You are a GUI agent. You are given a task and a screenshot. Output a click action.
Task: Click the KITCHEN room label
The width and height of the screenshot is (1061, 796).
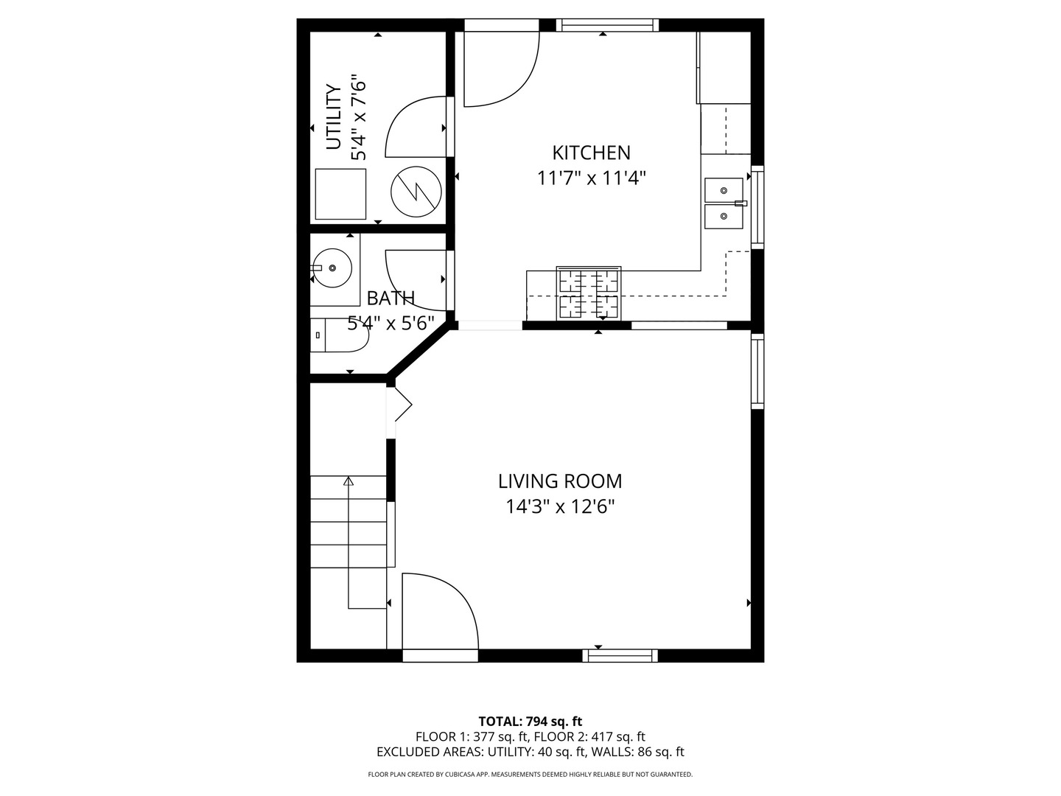pyautogui.click(x=591, y=153)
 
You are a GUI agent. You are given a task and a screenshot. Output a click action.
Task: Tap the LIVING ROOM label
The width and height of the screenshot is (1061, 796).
pyautogui.click(x=560, y=481)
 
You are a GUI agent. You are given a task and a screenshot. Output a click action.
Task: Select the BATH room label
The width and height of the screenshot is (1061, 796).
pyautogui.click(x=391, y=298)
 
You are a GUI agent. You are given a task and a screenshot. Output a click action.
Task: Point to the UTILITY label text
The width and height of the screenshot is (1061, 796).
pyautogui.click(x=334, y=117)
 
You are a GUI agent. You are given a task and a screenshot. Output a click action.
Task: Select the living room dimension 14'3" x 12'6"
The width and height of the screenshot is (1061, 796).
pyautogui.click(x=560, y=507)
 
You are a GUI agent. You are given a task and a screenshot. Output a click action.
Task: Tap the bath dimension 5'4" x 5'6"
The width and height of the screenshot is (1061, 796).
pyautogui.click(x=391, y=324)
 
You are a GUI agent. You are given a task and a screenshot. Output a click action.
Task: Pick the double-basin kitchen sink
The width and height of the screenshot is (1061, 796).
pyautogui.click(x=724, y=203)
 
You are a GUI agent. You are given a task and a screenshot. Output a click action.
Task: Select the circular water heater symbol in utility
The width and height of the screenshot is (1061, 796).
pyautogui.click(x=416, y=192)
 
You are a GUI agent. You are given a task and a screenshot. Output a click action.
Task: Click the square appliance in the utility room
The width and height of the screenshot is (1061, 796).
pyautogui.click(x=340, y=194)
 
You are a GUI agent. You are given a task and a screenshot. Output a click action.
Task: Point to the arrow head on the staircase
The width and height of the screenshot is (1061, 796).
pyautogui.click(x=349, y=481)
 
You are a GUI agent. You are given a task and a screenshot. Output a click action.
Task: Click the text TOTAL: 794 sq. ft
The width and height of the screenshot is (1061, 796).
pyautogui.click(x=530, y=722)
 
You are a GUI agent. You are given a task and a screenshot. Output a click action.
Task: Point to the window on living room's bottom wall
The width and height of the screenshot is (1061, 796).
pyautogui.click(x=620, y=655)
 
